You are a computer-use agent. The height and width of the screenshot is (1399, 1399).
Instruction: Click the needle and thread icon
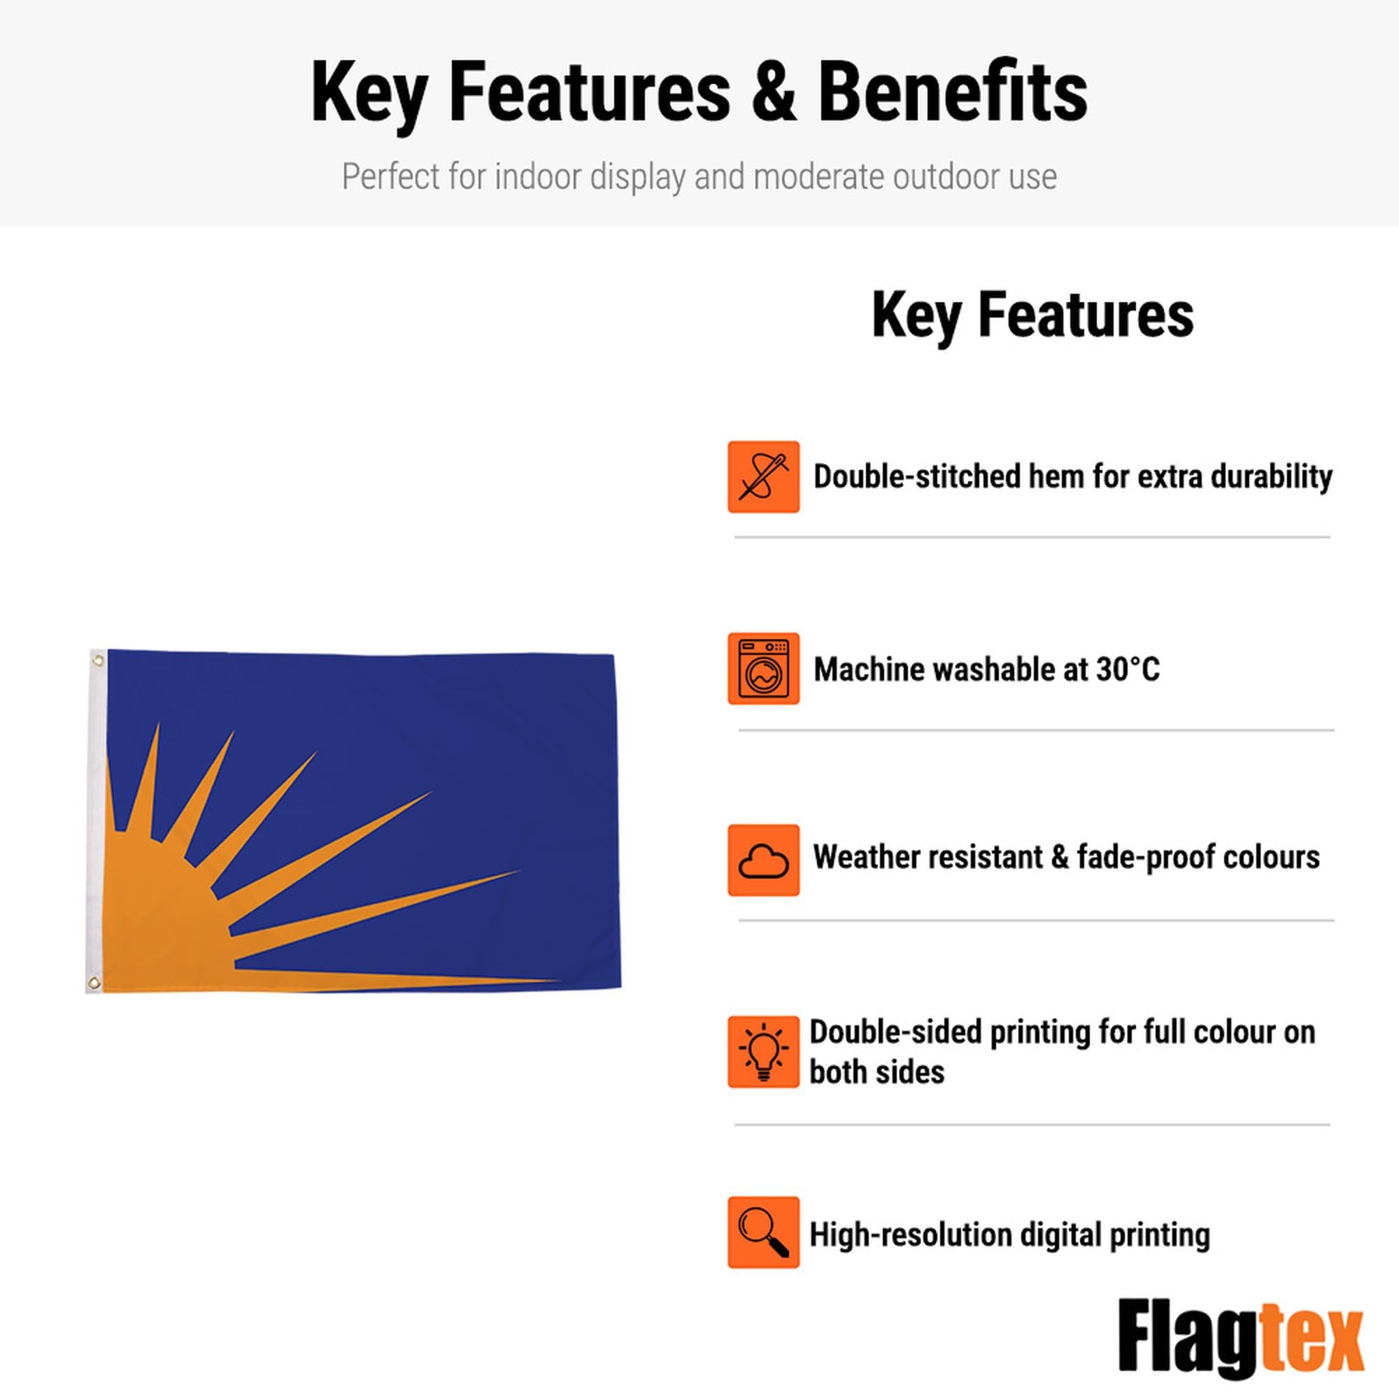(x=763, y=476)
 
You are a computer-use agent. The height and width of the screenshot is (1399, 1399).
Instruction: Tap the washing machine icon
(x=763, y=668)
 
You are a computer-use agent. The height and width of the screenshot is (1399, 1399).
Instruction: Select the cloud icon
(x=763, y=860)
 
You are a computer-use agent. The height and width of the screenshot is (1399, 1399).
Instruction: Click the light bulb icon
(x=763, y=1052)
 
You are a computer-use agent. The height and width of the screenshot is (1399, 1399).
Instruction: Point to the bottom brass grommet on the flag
(x=94, y=983)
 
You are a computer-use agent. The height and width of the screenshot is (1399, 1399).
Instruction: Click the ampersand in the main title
(x=774, y=93)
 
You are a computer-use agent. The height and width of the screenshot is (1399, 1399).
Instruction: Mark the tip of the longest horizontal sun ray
(x=560, y=981)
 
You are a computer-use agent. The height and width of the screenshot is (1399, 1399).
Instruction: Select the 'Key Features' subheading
(x=1032, y=315)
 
